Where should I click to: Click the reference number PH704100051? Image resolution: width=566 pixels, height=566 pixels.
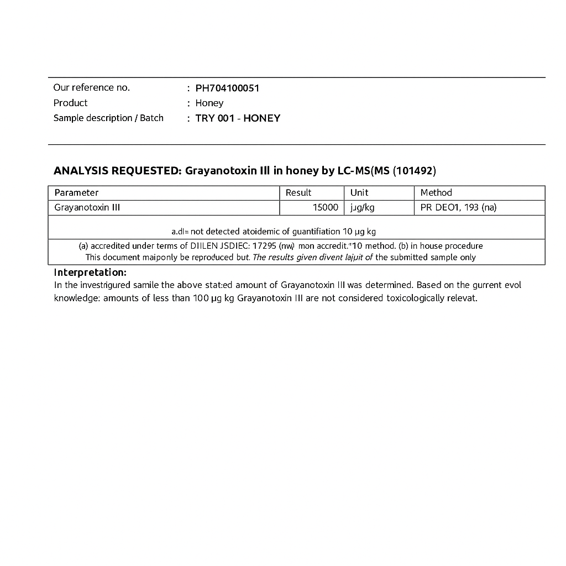227,88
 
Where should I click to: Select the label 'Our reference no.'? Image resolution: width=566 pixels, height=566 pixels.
92,87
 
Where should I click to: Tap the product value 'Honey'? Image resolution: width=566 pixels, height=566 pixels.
209,103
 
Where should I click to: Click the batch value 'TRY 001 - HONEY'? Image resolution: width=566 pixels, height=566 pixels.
238,118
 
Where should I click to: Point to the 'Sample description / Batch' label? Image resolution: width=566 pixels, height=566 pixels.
108,118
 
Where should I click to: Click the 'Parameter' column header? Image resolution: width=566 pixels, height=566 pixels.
76,192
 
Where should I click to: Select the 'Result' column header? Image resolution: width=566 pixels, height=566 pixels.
298,192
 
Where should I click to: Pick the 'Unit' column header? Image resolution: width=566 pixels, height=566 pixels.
359,192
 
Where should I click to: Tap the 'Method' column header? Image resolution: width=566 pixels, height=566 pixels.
436,192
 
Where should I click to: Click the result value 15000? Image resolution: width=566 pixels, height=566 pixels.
326,207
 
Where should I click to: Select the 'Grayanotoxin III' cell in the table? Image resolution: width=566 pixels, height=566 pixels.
87,207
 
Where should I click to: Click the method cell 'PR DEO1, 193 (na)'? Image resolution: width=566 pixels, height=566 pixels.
458,207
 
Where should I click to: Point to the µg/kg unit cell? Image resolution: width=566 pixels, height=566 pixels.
362,207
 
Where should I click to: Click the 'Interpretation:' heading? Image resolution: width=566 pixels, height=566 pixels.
90,272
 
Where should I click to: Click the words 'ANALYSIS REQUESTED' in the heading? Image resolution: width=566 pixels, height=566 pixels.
117,171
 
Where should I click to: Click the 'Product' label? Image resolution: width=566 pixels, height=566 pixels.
70,103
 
